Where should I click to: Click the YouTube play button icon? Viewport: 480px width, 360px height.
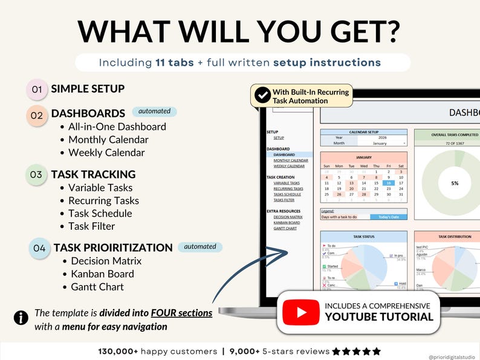tap(300, 312)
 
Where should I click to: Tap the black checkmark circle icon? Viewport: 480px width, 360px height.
tap(262, 94)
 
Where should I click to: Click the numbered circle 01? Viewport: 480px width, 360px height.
tap(37, 90)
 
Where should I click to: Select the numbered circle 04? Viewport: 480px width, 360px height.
tap(39, 248)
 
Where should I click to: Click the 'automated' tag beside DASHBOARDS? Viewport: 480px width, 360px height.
tap(154, 111)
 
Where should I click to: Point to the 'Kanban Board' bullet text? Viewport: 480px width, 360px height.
tap(102, 274)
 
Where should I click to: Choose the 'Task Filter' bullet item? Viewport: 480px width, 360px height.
tap(91, 226)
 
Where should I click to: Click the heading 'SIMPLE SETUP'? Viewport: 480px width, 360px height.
tap(88, 89)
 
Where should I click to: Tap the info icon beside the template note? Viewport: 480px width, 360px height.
tap(21, 318)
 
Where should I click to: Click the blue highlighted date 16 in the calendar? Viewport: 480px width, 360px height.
tap(389, 183)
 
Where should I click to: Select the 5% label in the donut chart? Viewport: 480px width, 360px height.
tap(455, 183)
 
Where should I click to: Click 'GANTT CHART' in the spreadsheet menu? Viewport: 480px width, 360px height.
tap(285, 229)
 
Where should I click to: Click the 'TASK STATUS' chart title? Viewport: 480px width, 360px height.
tap(363, 237)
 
